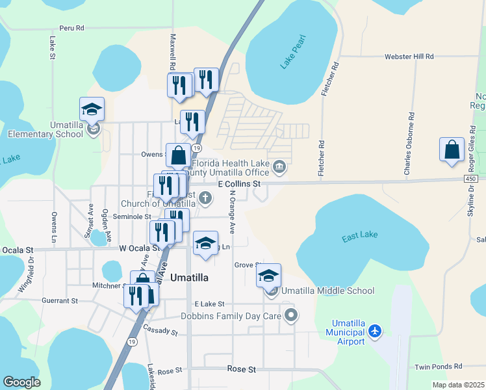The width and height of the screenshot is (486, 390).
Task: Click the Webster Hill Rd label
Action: click(409, 57)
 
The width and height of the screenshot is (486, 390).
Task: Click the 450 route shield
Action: click(471, 179)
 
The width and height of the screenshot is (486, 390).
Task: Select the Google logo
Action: click(22, 382)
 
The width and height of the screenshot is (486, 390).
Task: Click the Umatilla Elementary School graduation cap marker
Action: click(92, 109)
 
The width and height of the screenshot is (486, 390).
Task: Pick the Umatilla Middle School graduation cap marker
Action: click(268, 276)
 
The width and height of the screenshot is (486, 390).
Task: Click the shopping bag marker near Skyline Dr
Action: click(452, 149)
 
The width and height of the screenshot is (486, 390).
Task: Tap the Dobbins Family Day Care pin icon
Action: click(291, 316)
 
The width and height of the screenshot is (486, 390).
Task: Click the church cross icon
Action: click(205, 198)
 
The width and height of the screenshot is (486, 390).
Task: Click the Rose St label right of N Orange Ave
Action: click(242, 369)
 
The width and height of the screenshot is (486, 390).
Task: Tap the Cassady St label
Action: click(160, 330)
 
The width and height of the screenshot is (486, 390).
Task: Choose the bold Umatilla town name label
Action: click(189, 277)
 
